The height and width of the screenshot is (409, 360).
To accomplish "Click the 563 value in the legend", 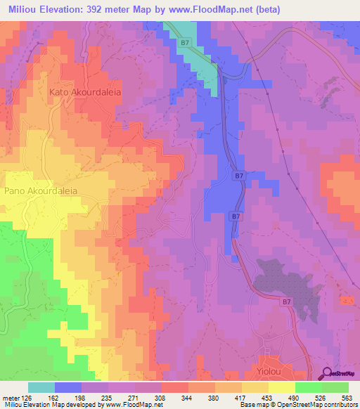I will point(347,397).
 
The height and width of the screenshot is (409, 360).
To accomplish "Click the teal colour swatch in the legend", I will point(41,387).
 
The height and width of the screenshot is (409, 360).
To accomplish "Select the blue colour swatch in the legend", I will point(67,387).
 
